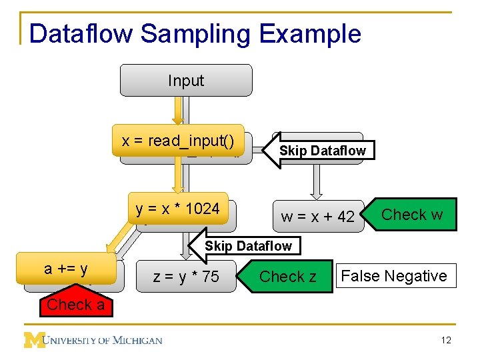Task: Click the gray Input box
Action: [x=185, y=81]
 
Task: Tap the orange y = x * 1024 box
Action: [x=178, y=209]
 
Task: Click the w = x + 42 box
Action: [x=318, y=217]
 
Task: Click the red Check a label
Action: [x=75, y=305]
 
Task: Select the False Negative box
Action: [x=394, y=276]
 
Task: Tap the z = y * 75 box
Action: [x=186, y=277]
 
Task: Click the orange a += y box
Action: [x=66, y=269]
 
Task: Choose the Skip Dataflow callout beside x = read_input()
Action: [x=322, y=151]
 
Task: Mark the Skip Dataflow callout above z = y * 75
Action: [x=248, y=246]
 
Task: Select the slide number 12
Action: [x=446, y=341]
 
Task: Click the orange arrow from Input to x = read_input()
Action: [x=178, y=110]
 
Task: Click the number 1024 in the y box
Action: [x=202, y=209]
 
